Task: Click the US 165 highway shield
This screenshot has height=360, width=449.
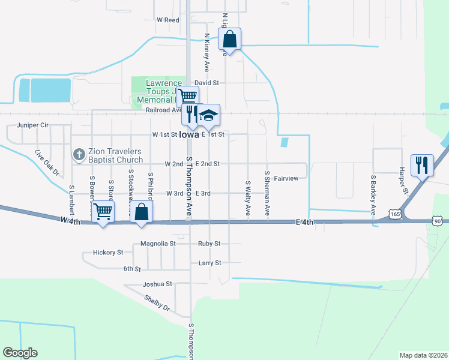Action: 394,213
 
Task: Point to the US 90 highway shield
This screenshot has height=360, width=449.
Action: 436,221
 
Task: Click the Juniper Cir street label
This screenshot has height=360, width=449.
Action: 32,125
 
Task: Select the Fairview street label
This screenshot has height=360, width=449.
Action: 286,179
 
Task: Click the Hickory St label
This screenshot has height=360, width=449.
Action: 108,253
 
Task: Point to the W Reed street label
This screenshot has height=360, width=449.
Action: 168,20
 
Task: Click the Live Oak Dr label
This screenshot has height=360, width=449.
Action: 47,163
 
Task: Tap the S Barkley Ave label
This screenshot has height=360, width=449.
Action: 373,196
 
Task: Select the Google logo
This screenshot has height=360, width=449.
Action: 20,353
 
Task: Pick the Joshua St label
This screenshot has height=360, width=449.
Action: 157,283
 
